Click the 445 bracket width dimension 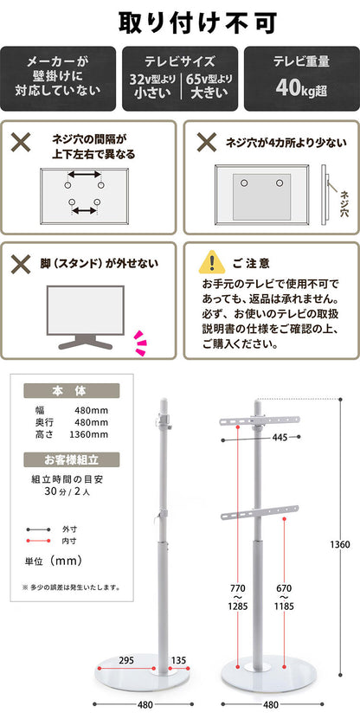[278, 438]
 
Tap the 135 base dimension [179, 659]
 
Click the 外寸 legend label [69, 528]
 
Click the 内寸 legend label [69, 541]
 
